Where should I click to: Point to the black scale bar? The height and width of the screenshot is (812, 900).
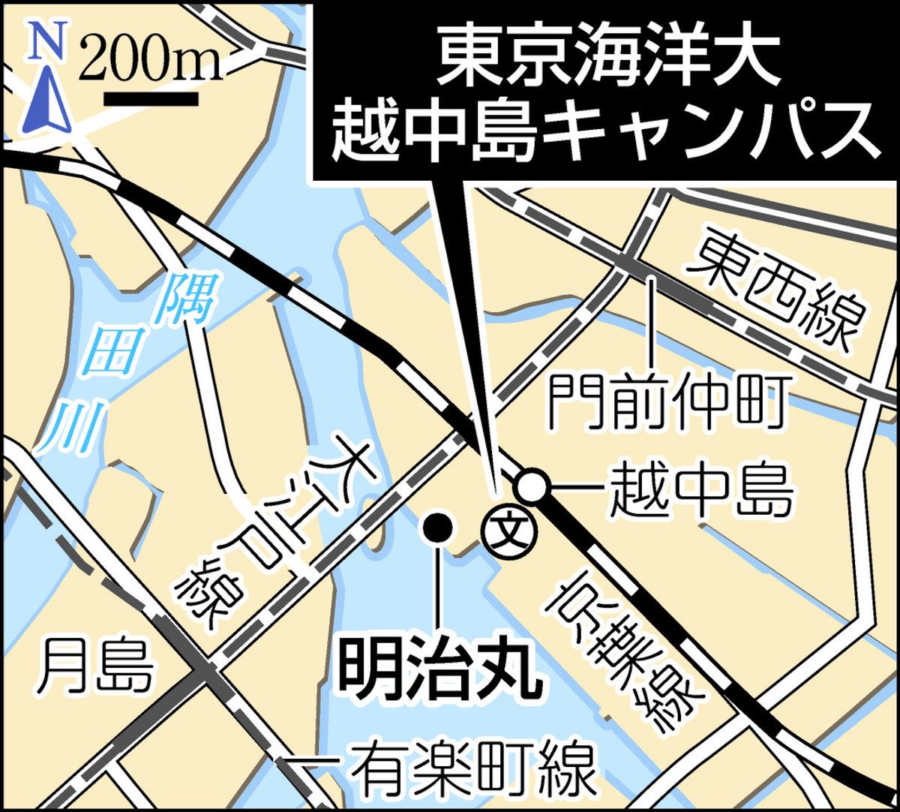151,98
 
